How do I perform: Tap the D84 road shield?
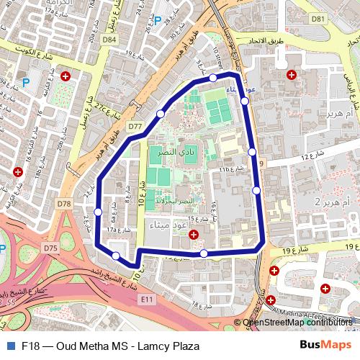(109, 40)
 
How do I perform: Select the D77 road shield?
(135, 126)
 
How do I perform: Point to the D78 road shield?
(64, 204)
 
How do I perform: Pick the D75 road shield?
(50, 248)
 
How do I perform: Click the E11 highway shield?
(148, 297)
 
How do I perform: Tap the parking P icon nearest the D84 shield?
(158, 22)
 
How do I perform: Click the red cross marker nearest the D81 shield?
(292, 75)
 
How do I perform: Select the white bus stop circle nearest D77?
(161, 114)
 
